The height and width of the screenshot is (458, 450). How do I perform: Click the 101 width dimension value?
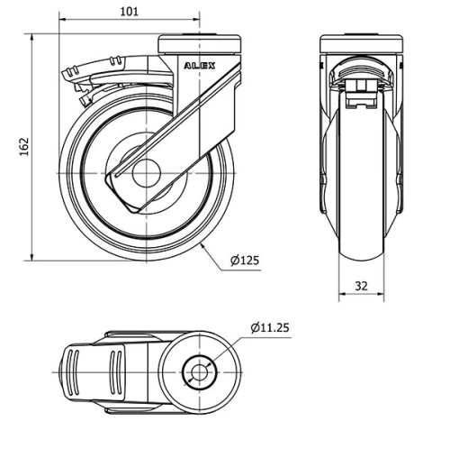[129, 12]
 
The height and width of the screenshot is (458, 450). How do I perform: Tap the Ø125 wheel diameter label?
[244, 261]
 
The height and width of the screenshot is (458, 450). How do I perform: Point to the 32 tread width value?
[361, 286]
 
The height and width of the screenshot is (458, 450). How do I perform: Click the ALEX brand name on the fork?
[199, 66]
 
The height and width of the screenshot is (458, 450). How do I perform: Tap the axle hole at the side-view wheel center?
[146, 173]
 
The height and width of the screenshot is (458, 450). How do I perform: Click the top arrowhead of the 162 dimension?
[33, 39]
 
